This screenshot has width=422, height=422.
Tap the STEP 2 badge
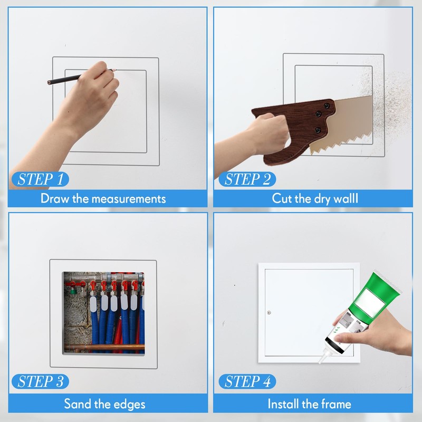[247, 178]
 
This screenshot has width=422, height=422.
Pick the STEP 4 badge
[247, 381]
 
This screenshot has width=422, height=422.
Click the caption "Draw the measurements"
[103, 199]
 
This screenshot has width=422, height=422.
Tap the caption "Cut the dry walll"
[314, 199]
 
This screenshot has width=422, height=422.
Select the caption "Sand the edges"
[104, 405]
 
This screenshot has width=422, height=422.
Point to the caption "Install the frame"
[309, 405]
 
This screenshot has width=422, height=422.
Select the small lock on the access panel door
[268, 312]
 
